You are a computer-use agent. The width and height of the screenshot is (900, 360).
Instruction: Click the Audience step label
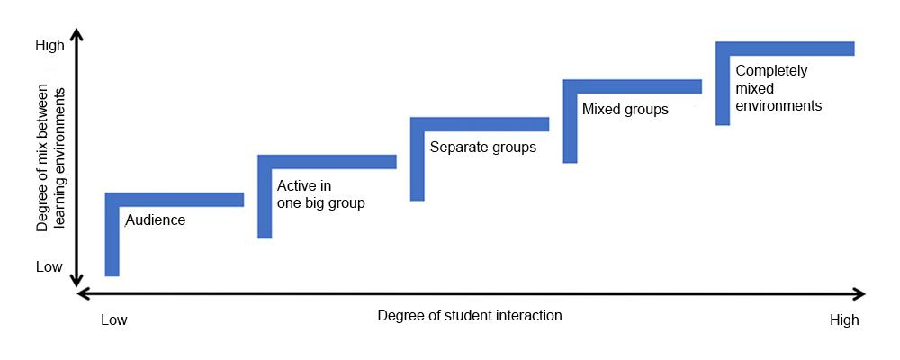(x=155, y=220)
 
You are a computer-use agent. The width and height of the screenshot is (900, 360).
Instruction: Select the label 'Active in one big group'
(x=320, y=194)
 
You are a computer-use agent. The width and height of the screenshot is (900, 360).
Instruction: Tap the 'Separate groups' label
(x=482, y=147)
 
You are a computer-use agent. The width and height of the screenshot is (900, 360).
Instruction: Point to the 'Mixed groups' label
(x=625, y=110)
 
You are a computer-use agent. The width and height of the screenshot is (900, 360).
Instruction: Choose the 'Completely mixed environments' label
(x=778, y=87)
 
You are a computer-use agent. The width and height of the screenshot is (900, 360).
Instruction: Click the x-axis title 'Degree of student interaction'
(x=469, y=315)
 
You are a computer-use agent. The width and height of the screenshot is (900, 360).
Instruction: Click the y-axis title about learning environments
(x=52, y=160)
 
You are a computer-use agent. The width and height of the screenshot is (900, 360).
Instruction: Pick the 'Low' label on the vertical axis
(x=49, y=266)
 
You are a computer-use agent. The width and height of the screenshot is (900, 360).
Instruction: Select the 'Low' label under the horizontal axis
(x=114, y=319)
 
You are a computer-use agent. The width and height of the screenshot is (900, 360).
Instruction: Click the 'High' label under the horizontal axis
(x=844, y=319)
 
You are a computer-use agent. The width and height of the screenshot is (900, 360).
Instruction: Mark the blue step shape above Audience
(x=175, y=200)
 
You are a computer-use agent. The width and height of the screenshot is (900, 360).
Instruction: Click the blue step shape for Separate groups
(x=480, y=124)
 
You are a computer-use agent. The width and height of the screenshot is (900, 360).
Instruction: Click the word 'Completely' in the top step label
(x=771, y=71)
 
